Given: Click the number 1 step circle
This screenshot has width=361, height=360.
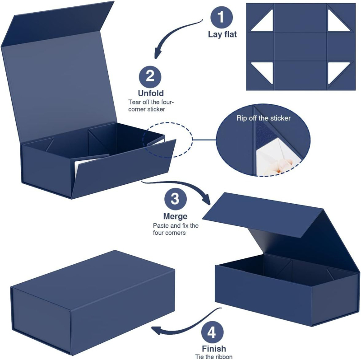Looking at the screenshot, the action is click(x=222, y=17).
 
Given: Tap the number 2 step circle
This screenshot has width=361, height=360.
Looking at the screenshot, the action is click(x=150, y=77).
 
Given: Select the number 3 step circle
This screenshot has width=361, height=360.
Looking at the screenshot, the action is click(x=175, y=199).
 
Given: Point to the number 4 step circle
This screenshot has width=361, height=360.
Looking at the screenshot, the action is click(x=212, y=332).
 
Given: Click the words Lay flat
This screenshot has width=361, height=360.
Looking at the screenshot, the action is click(x=222, y=34).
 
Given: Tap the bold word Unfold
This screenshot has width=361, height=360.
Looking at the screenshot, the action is click(x=151, y=93).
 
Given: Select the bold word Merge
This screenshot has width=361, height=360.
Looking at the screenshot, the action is click(x=175, y=216).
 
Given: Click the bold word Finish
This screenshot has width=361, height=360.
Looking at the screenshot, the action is click(x=214, y=348).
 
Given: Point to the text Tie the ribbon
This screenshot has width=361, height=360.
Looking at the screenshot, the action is click(x=214, y=357).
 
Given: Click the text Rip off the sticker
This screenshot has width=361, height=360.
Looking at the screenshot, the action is click(x=264, y=118).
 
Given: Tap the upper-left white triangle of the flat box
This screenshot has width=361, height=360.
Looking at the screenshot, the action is click(x=262, y=20).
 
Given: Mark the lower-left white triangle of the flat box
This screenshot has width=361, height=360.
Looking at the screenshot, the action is click(x=262, y=73).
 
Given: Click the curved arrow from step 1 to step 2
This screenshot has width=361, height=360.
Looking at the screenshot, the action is click(x=174, y=31).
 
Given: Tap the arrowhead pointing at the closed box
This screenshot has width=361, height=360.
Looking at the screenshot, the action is click(x=157, y=331).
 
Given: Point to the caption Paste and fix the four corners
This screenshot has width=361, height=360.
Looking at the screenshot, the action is click(x=176, y=229).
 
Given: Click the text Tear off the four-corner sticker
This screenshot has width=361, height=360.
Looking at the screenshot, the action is click(x=151, y=106).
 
